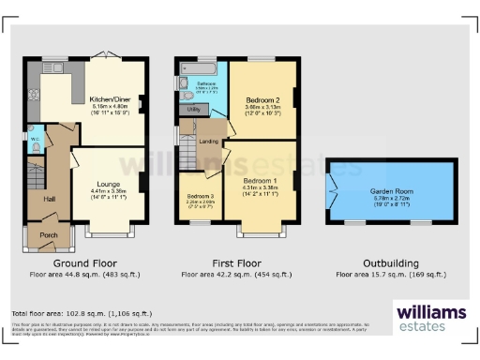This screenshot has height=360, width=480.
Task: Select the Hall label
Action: [x=50, y=199]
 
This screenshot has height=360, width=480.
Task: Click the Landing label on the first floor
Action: [x=209, y=142]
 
